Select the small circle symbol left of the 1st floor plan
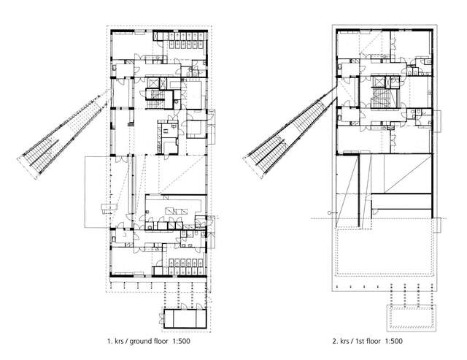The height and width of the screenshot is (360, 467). tap(331, 212)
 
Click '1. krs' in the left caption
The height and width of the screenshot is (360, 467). tap(115, 341)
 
